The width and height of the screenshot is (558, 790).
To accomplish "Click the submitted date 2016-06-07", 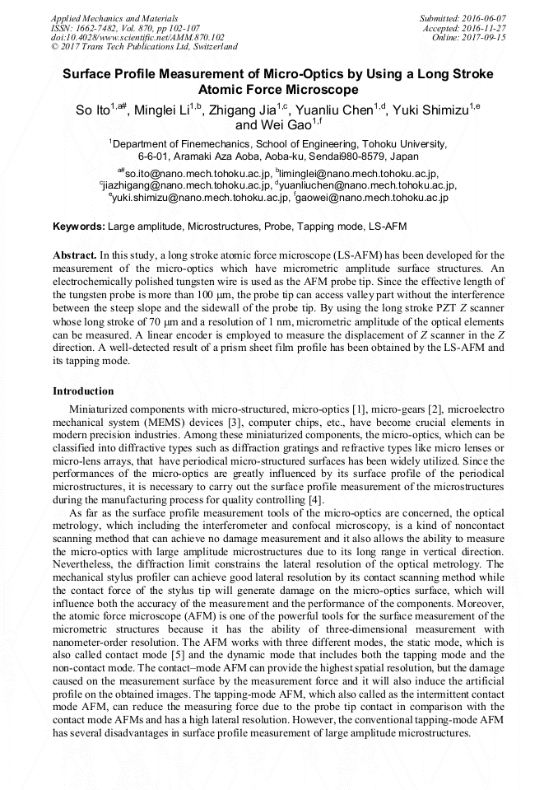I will pos(481,18).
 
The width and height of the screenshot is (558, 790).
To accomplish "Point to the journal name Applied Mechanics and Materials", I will pos(114,18).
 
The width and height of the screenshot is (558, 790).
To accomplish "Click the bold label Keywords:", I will pos(79,226).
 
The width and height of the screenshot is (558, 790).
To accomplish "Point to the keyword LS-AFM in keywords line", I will pos(386,226).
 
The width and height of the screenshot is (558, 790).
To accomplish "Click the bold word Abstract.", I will pos(74,256).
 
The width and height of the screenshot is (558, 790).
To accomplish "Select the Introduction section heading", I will pos(83,390).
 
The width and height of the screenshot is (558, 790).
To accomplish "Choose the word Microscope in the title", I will pos(319,89).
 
